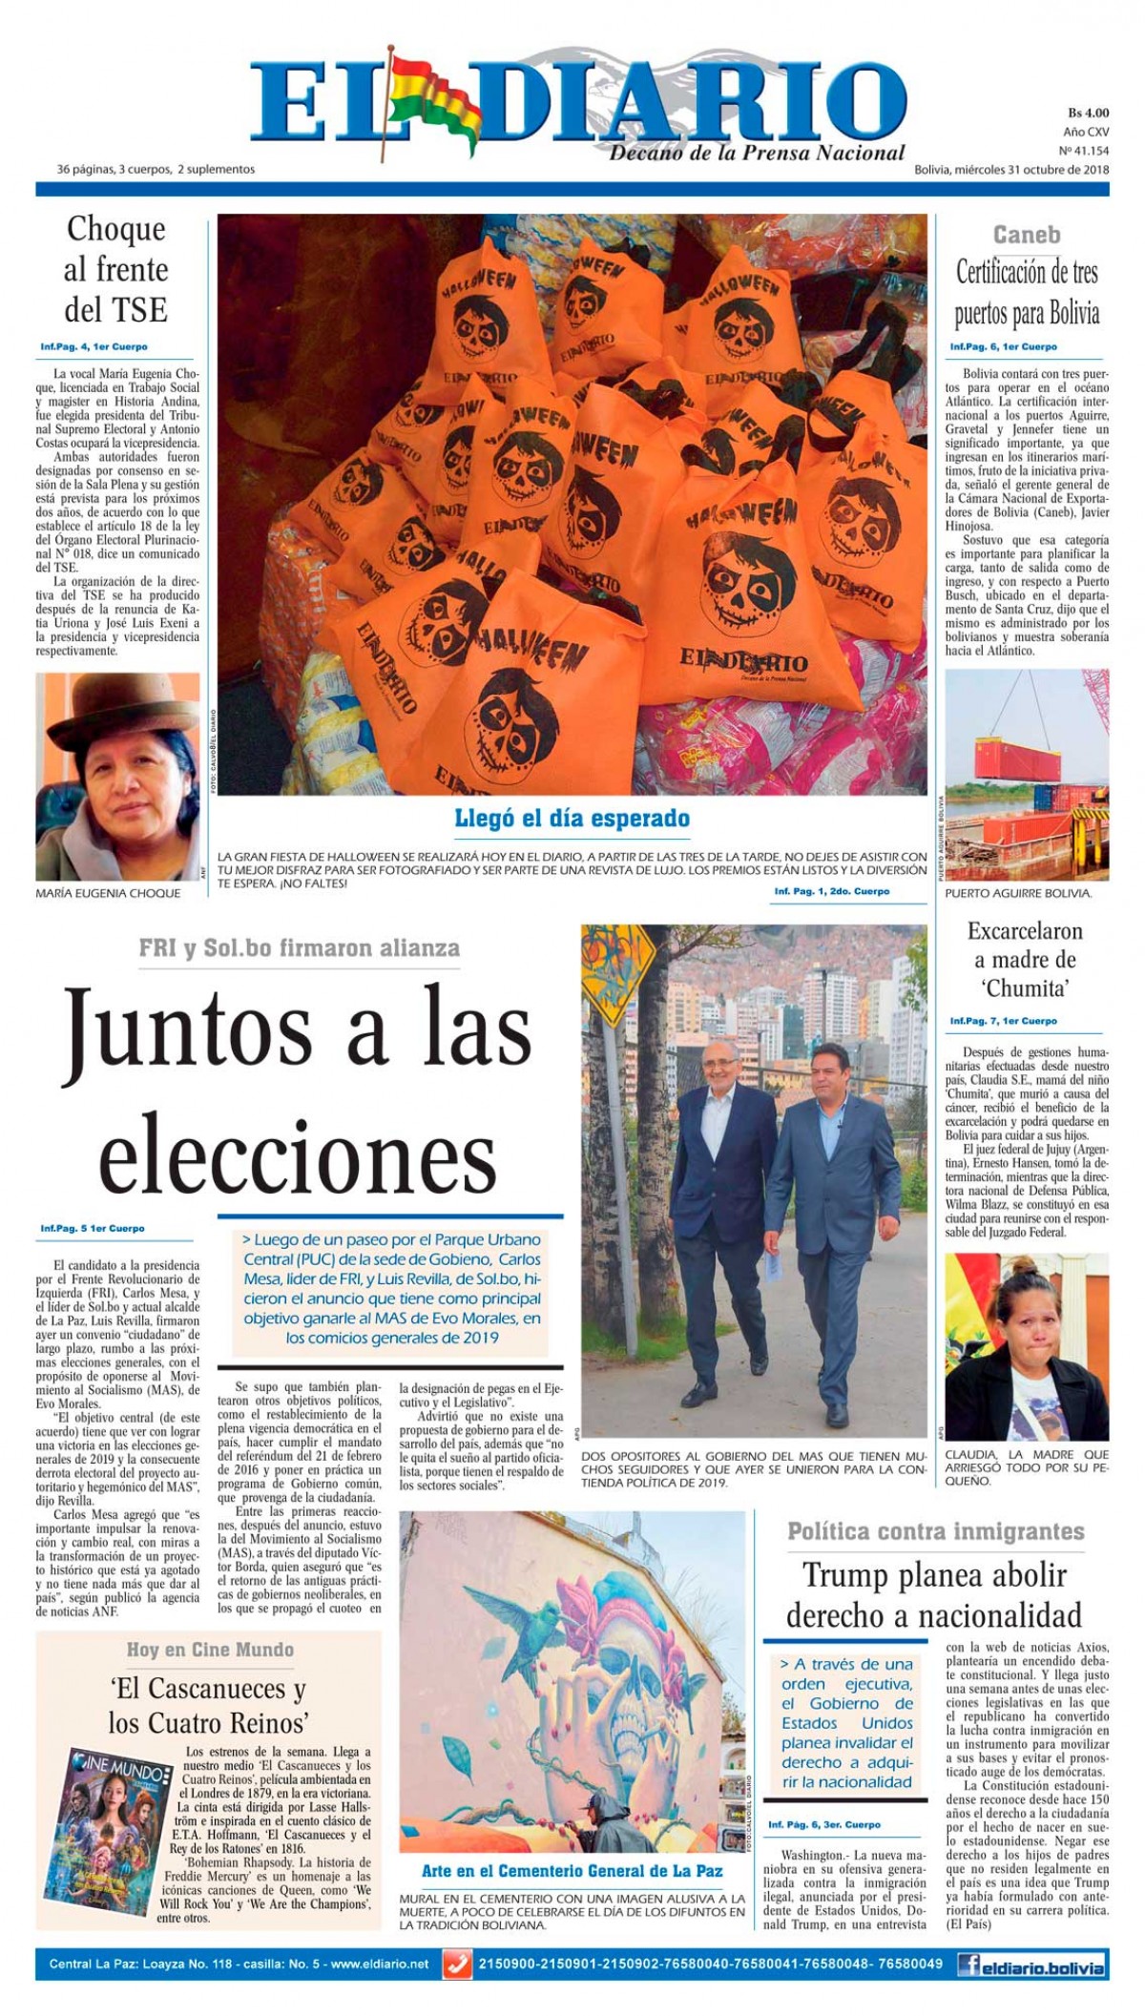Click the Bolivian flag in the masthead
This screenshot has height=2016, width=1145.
(429, 95)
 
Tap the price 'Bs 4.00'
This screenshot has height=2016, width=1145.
(1088, 113)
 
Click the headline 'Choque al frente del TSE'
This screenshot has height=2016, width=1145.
(115, 269)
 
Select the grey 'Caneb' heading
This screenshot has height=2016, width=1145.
(1026, 235)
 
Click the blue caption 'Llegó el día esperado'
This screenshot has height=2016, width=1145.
(572, 819)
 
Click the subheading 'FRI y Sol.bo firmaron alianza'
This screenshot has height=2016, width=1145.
(299, 948)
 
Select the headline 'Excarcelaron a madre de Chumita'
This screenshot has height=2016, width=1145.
(1025, 960)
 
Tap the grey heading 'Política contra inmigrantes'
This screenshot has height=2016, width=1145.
(935, 1532)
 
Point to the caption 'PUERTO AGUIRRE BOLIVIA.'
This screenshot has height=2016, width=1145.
(1017, 894)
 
